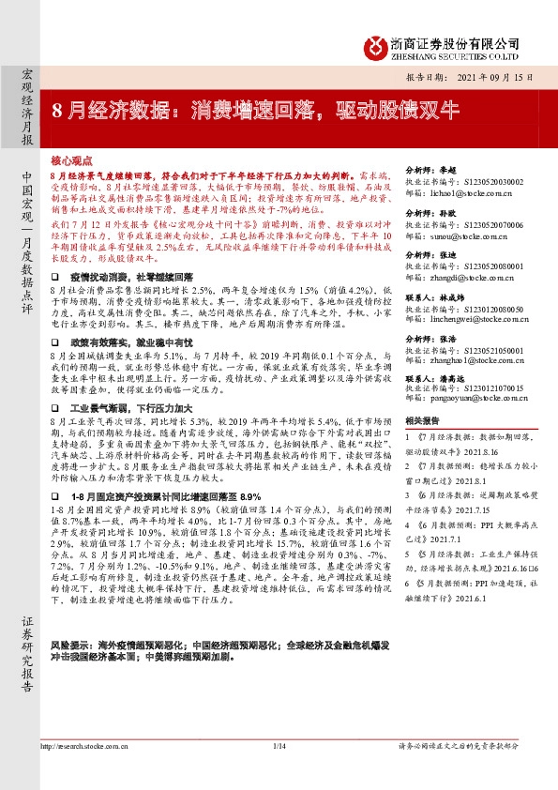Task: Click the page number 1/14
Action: [x=278, y=771]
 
